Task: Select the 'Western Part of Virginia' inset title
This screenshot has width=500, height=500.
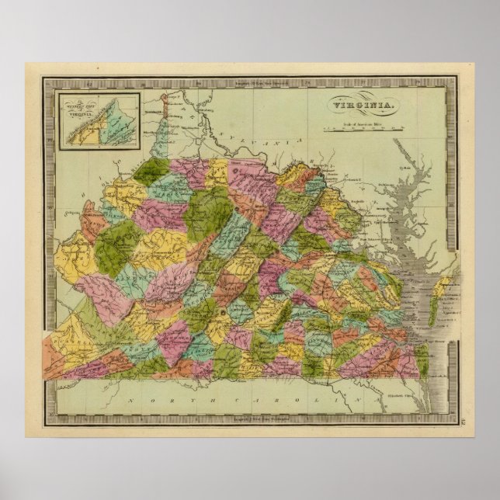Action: tap(75, 103)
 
